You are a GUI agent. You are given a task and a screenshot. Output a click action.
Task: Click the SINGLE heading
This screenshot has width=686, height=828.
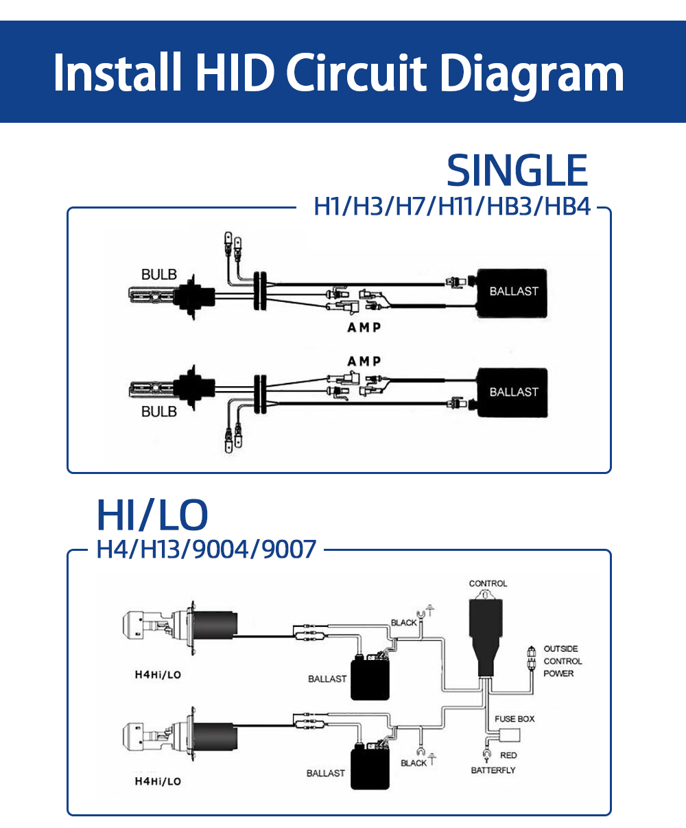517,171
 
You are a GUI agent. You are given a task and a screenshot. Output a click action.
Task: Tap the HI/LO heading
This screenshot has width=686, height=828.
152,515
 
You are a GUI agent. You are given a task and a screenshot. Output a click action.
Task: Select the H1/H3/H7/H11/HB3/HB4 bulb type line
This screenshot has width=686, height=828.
452,206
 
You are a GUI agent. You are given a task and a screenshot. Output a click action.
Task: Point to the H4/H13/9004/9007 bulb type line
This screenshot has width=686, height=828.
206,549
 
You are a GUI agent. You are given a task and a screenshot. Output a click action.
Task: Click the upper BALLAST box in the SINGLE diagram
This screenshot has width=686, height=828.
513,292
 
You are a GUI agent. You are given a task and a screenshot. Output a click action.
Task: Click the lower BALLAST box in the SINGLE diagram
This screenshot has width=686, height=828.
513,392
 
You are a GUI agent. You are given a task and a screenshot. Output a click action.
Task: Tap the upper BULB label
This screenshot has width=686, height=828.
158,274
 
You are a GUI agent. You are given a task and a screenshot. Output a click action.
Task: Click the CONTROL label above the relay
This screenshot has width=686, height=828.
488,584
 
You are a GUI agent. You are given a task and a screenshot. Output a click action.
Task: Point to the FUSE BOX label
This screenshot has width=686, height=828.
514,719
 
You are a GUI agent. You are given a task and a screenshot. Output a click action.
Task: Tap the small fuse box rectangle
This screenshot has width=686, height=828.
510,735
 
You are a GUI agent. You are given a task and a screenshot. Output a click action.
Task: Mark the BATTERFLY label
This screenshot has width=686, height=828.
493,770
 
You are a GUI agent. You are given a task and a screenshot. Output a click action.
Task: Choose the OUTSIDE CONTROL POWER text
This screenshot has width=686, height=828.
562,661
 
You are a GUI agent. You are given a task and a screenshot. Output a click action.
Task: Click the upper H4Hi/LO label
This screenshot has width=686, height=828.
158,675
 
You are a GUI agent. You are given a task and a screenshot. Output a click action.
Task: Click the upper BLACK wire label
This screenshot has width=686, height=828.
403,623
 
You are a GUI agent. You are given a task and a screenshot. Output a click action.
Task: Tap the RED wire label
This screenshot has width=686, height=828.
508,755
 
